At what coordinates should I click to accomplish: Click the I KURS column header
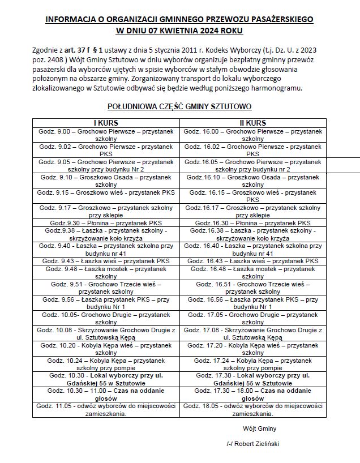[x=106, y=123]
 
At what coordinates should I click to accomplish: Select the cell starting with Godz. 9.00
[x=106, y=134]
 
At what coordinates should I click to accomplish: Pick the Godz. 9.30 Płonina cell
[x=106, y=223]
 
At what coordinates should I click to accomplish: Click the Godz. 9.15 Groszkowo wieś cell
[x=106, y=192]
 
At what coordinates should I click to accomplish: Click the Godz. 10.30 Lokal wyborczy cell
[x=106, y=379]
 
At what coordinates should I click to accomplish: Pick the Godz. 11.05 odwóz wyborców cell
[x=106, y=409]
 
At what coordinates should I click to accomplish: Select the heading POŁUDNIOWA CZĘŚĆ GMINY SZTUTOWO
[x=179, y=106]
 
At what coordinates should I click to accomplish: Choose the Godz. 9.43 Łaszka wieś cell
[x=106, y=261]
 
